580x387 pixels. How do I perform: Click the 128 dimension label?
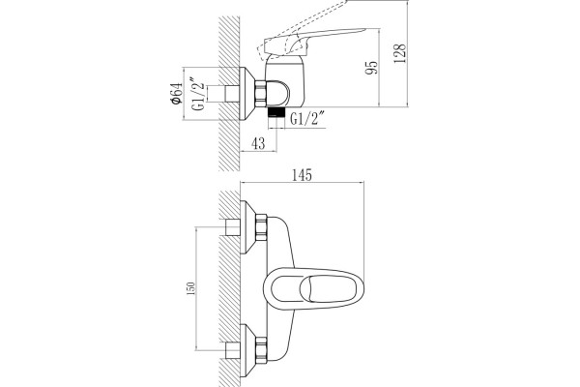pos(400,53)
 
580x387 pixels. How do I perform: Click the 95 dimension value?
pos(372,68)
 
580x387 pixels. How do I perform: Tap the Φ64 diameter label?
pos(177,93)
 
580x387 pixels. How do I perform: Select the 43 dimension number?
pos(258,143)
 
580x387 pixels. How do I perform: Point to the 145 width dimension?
pos(303,175)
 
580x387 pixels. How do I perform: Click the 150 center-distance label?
pos(190,288)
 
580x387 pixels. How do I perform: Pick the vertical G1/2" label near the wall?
pos(198,94)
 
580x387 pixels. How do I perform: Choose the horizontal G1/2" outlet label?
pos(307,119)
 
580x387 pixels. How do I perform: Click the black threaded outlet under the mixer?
pos(275,112)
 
